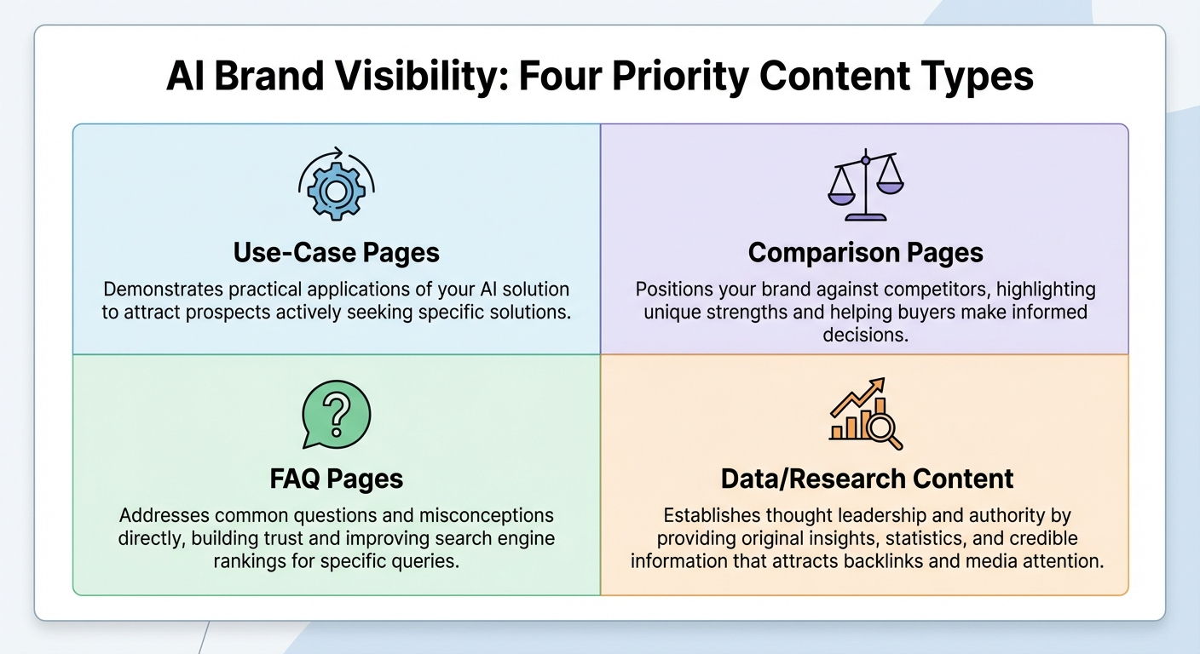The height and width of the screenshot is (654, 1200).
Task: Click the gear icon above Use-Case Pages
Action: pos(336,192)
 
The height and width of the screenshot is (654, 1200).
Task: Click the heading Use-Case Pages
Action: pos(336,253)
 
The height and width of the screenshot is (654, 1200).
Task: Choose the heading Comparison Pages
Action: pos(865,253)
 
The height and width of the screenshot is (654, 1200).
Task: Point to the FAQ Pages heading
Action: pos(336,478)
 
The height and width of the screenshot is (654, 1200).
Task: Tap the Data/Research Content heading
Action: pos(867,478)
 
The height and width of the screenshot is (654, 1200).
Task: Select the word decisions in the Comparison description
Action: pos(865,335)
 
